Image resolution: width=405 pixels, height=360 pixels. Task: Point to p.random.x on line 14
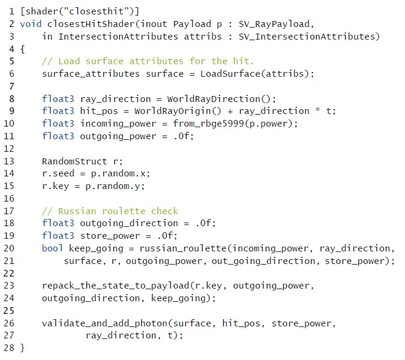pos(127,173)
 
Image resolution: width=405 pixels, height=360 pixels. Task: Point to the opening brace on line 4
pos(23,49)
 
